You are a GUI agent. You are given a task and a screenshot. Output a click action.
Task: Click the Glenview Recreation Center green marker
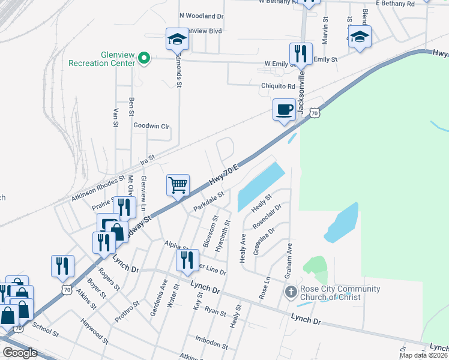143,58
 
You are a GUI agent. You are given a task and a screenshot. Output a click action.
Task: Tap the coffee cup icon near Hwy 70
283,110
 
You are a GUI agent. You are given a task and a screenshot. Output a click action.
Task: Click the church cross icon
291,293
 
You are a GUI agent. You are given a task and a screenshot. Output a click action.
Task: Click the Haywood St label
94,332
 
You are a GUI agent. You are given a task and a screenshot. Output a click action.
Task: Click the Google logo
20,353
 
